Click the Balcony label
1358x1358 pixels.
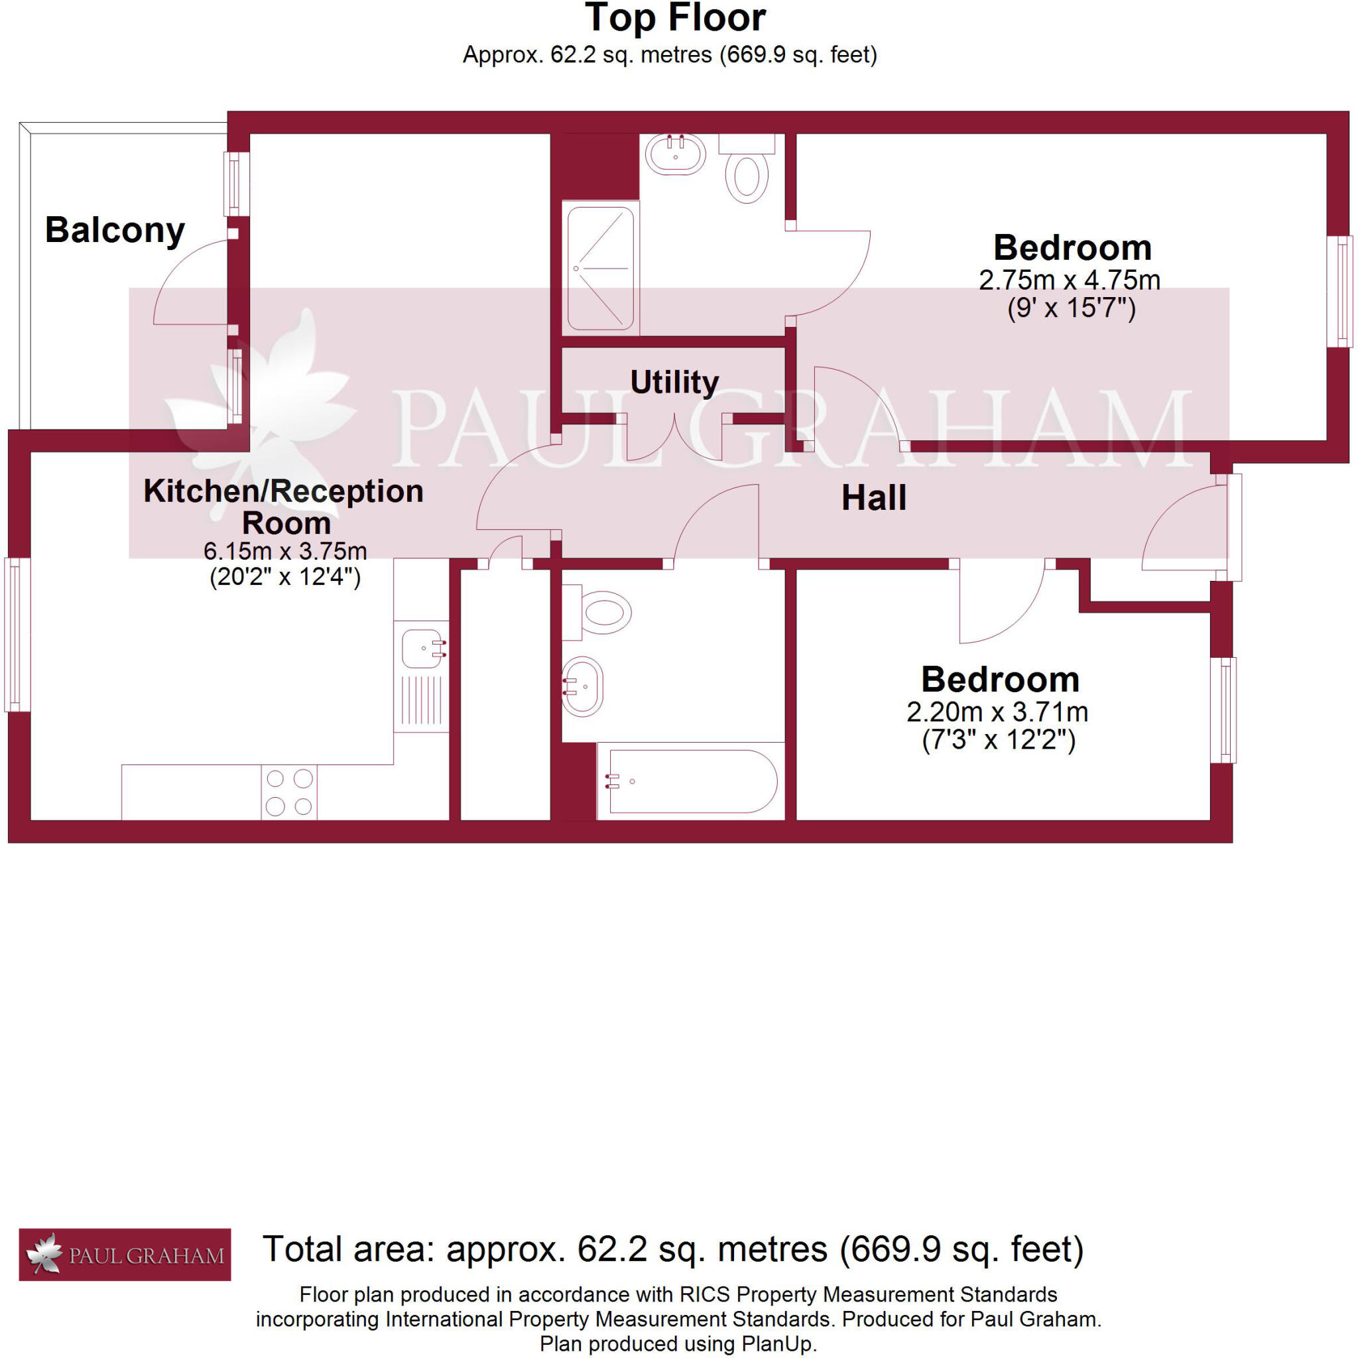115,231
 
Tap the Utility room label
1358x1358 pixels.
674,383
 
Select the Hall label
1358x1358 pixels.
874,499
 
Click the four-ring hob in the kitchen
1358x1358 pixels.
289,792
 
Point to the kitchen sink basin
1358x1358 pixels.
421,648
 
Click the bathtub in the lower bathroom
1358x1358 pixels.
692,781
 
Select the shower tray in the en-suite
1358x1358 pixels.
600,268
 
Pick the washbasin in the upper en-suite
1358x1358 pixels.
676,154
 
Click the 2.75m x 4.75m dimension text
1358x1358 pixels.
1069,280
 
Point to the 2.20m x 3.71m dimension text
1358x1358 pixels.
997,712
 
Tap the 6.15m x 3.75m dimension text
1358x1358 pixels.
284,550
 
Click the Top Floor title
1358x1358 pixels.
675,19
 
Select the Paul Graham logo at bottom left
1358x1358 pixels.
125,1255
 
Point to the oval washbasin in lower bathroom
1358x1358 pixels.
584,687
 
